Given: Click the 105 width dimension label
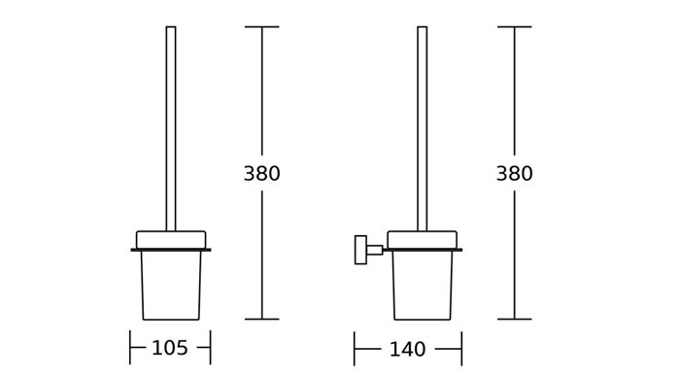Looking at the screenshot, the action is click(170, 348).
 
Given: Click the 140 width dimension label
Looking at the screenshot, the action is click(407, 350).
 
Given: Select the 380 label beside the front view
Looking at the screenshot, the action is click(261, 174).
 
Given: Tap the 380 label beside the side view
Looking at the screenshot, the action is click(514, 174).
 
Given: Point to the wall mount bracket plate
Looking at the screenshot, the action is click(360, 250).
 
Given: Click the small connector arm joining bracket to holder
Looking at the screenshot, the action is click(375, 250).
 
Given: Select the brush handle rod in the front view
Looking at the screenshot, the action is click(171, 128).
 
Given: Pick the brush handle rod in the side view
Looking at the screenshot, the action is click(422, 128).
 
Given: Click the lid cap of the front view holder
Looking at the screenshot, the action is click(171, 240).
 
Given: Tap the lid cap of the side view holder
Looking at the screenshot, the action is click(422, 240).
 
